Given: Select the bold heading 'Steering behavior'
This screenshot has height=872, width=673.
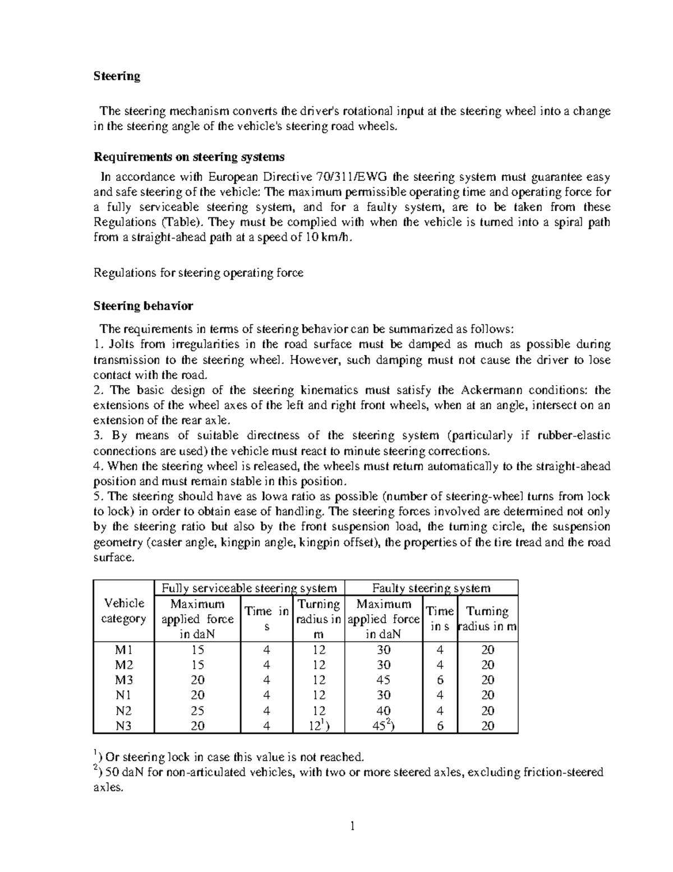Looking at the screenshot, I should click(x=143, y=306).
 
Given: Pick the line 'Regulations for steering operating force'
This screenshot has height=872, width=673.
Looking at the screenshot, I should click(x=198, y=273).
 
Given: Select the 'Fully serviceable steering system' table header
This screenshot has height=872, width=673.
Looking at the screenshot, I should click(x=249, y=588).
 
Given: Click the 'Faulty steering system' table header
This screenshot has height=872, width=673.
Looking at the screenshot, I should click(x=431, y=588).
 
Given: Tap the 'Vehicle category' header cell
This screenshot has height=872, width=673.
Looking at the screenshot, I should click(x=123, y=611).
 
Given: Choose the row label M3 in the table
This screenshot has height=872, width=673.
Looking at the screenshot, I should click(x=123, y=680).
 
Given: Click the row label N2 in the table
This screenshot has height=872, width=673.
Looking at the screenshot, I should click(x=123, y=711).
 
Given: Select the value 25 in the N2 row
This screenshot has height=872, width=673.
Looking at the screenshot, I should click(x=197, y=711).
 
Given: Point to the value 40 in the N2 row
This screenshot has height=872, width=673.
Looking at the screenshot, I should click(x=384, y=711).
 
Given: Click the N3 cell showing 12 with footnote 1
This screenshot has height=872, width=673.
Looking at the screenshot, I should click(x=319, y=725).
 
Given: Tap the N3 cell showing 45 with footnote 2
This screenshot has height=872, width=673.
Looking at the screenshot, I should click(x=384, y=725).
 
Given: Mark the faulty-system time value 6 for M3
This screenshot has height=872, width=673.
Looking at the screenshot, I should click(x=440, y=680).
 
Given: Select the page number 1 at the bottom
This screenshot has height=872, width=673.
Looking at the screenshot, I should click(x=352, y=826).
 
